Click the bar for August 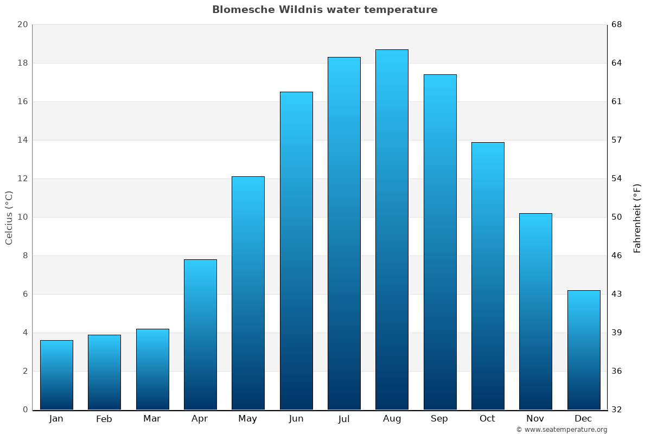tap(392, 229)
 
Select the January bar tap(56, 375)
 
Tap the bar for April tap(200, 334)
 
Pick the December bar tap(584, 350)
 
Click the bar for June tap(296, 251)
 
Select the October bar tap(488, 276)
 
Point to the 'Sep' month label tap(439, 419)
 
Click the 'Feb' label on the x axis tap(104, 419)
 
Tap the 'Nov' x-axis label tap(535, 419)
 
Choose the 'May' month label tap(248, 419)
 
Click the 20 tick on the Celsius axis tap(22, 24)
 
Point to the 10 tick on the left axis tap(22, 217)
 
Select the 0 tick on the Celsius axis tap(25, 410)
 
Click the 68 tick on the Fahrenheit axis tap(617, 24)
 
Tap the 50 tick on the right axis tap(617, 217)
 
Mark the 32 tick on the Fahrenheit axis tap(617, 410)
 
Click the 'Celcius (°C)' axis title tap(9, 218)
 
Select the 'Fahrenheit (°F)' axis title tap(637, 218)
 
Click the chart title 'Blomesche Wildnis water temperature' tap(324, 10)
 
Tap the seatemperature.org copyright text tap(561, 430)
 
